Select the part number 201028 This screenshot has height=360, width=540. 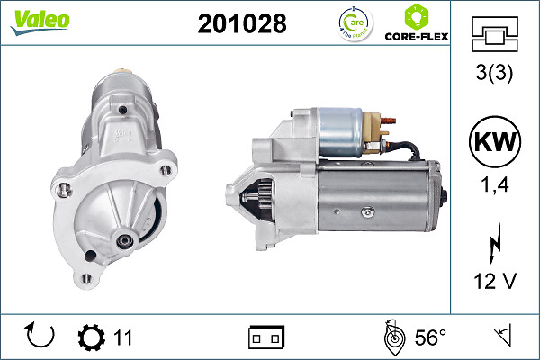click(241, 24)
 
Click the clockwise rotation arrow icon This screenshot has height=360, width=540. click(41, 337)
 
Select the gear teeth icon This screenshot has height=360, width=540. click(91, 337)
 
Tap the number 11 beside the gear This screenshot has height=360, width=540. click(123, 337)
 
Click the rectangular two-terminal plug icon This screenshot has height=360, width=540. click(266, 337)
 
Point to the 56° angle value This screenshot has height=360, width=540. click(430, 337)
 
